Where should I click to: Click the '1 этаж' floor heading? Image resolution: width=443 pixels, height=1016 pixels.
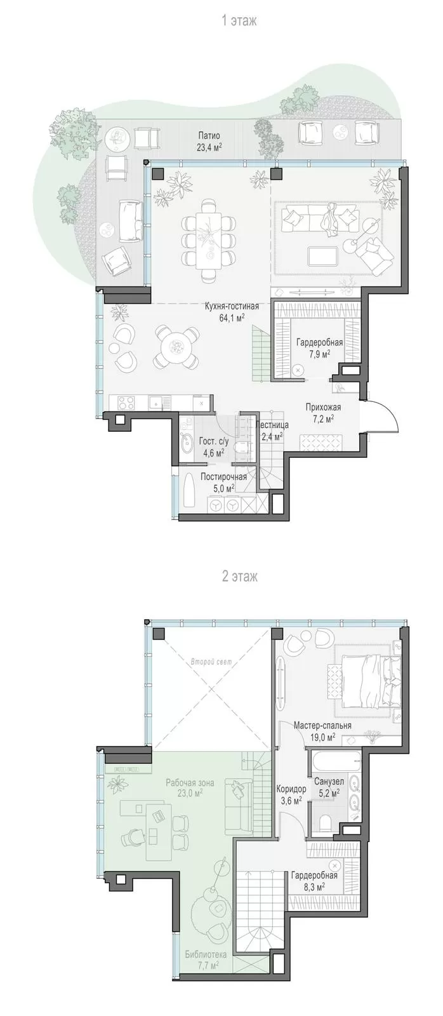coord(239,21)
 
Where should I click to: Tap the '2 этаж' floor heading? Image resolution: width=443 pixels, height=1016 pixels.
coord(239,577)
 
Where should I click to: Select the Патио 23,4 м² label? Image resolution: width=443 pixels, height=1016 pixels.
coord(209,141)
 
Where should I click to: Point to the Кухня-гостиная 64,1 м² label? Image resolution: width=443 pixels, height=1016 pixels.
coord(232,312)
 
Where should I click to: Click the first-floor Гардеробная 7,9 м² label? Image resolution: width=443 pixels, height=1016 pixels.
coord(320,347)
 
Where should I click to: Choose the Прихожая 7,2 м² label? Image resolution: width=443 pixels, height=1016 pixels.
coord(323,412)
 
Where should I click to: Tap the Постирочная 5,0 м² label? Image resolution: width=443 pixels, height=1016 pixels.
coord(223,482)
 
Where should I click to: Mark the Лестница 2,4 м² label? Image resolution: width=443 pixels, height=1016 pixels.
coord(272,431)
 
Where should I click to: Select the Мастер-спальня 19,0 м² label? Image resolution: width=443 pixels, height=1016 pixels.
coord(322,731)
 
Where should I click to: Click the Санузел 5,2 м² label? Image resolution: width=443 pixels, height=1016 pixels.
coord(329,787)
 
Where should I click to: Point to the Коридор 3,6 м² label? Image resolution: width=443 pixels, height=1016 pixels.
coord(291,794)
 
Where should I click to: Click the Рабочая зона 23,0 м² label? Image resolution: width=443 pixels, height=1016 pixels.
coord(190,787)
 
